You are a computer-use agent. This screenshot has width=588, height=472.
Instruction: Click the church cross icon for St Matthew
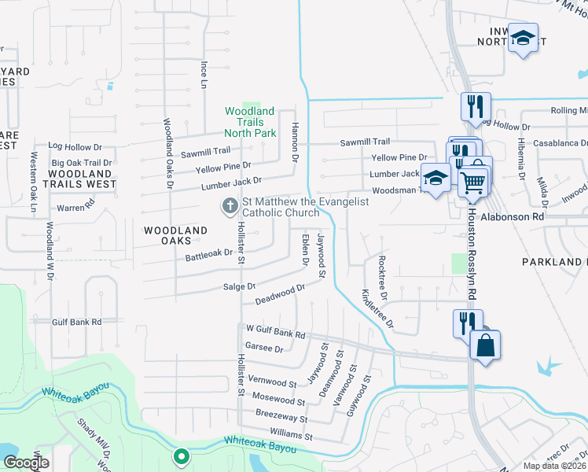pyautogui.click(x=230, y=206)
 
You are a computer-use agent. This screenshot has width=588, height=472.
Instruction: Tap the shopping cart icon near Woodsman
pyautogui.click(x=472, y=182)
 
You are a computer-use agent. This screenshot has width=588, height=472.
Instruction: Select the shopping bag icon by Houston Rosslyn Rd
pyautogui.click(x=486, y=345)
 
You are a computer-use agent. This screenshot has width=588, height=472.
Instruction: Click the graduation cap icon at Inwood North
pyautogui.click(x=522, y=39)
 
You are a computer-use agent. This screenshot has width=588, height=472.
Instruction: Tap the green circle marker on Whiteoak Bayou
pyautogui.click(x=182, y=455)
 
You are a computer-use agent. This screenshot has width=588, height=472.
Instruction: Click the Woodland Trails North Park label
pyautogui.click(x=250, y=123)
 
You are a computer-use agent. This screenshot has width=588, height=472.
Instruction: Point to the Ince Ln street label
pyautogui.click(x=204, y=73)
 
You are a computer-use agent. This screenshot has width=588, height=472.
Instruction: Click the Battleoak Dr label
pyautogui.click(x=209, y=254)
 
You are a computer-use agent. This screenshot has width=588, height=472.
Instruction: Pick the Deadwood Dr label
pyautogui.click(x=279, y=296)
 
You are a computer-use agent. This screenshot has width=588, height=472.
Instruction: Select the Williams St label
pyautogui.click(x=290, y=436)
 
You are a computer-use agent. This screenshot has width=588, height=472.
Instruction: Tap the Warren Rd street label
pyautogui.click(x=75, y=208)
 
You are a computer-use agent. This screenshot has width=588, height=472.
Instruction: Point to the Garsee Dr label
pyautogui.click(x=263, y=347)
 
